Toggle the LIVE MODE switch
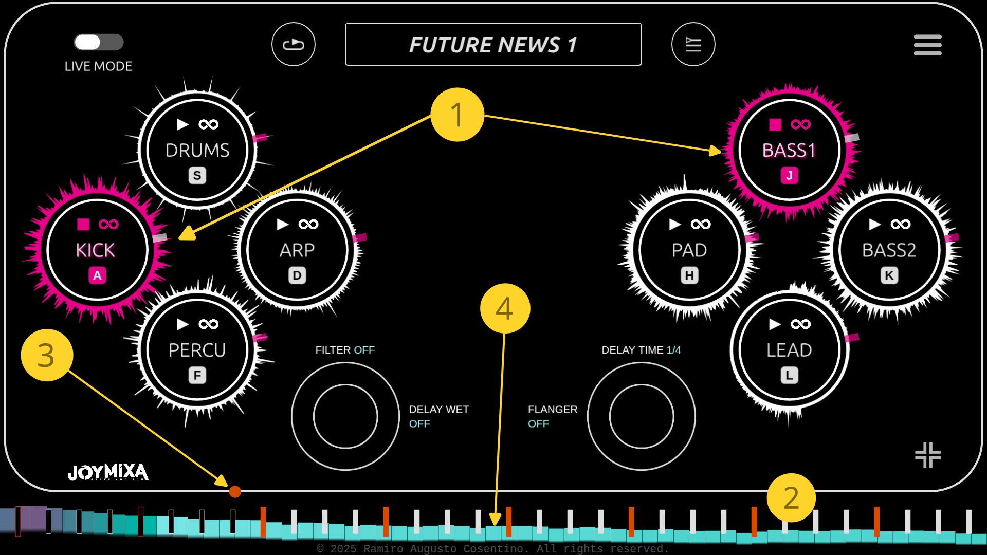tap(99, 42)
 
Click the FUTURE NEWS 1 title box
tap(493, 44)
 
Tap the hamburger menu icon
tap(927, 45)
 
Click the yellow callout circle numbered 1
tap(457, 115)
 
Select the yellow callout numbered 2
tap(791, 497)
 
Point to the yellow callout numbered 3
tap(47, 355)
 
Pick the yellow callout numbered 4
tap(505, 308)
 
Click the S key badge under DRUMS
tap(197, 176)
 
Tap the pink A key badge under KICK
tap(97, 275)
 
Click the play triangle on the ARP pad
tap(283, 224)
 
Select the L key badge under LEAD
tap(789, 376)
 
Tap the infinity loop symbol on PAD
tap(701, 224)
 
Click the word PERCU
tap(197, 350)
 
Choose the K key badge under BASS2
tap(889, 275)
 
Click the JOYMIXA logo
tap(108, 472)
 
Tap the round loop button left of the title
tap(294, 44)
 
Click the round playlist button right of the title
tap(693, 44)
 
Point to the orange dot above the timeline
tap(235, 492)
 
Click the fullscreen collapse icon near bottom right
tap(927, 455)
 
